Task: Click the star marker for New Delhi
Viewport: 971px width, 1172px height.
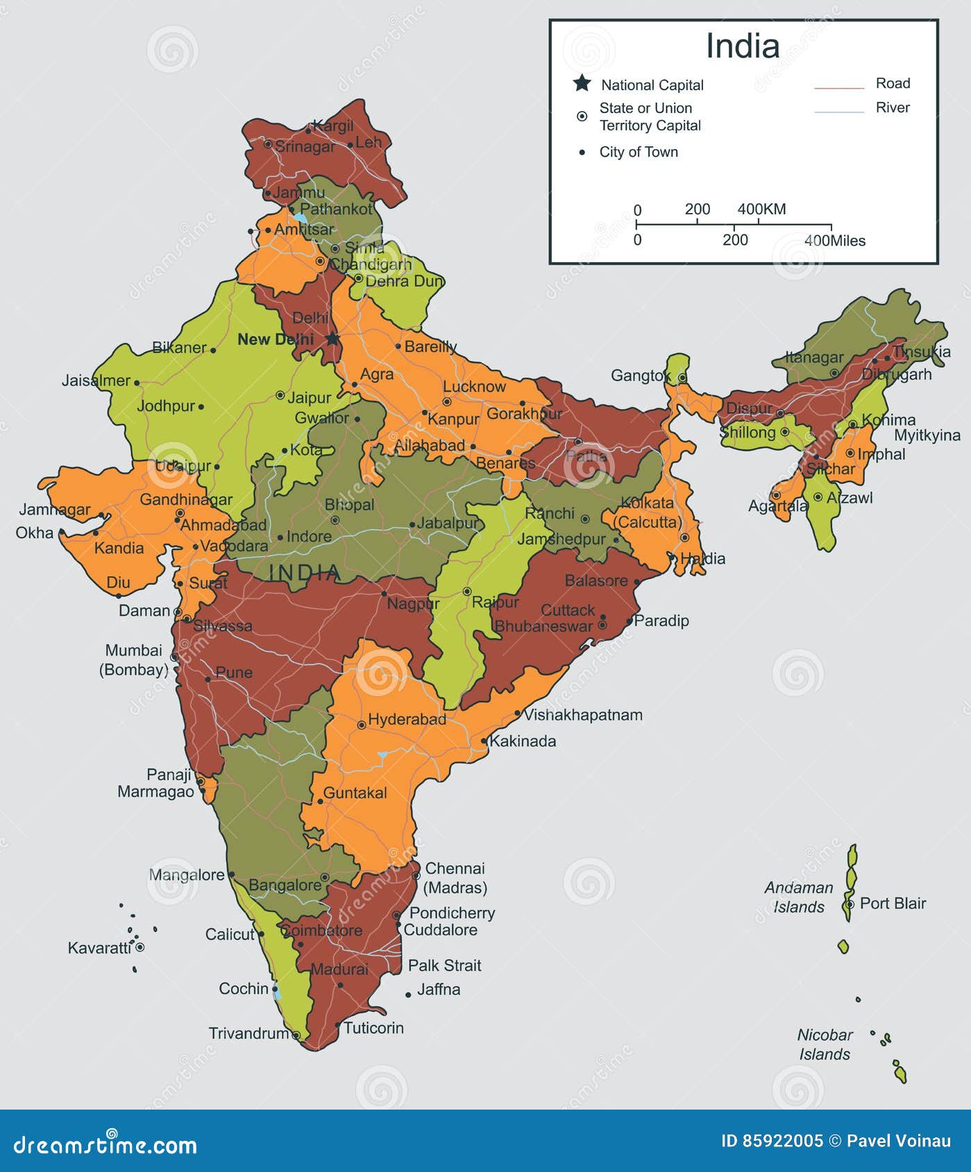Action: point(333,338)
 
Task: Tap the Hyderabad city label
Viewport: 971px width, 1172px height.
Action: point(407,719)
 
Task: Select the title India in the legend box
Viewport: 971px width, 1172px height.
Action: point(743,46)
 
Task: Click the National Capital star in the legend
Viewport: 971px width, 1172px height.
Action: point(582,84)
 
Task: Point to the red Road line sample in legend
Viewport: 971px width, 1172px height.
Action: point(838,89)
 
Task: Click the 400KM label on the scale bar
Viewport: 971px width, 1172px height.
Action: point(761,209)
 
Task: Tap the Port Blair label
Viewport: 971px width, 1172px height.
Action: point(893,903)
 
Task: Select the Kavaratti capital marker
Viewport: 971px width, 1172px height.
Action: point(140,947)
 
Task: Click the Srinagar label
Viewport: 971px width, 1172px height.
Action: point(305,146)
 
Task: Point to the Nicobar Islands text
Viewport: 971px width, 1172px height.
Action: point(825,1044)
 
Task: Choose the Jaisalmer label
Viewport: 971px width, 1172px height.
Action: point(96,380)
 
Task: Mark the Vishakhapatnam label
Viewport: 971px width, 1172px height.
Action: point(583,714)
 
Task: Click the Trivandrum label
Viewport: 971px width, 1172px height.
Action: point(248,1033)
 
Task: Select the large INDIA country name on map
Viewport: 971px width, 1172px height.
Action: point(305,572)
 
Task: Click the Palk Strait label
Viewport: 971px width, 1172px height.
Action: point(444,965)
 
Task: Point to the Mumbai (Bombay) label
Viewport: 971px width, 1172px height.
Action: point(134,660)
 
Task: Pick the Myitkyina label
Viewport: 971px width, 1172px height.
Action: point(927,436)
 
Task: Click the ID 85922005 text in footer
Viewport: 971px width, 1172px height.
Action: point(772,1141)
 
